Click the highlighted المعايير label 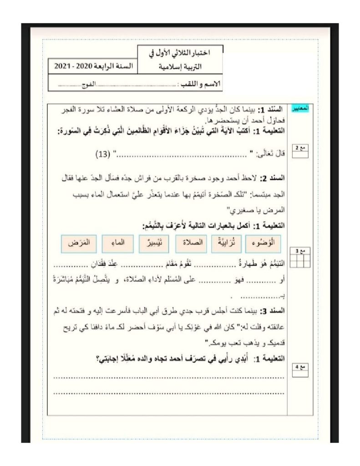pos(300,109)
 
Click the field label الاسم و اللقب pos(201,85)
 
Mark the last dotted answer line pos(169,392)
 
